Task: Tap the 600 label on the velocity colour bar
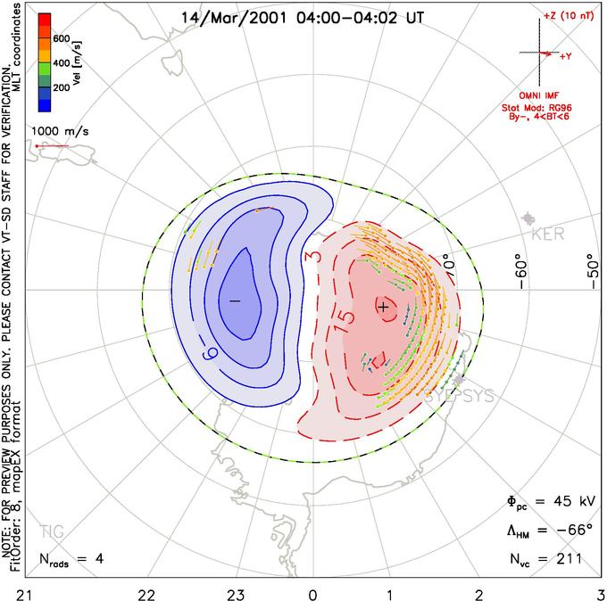point(61,38)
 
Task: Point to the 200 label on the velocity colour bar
point(61,88)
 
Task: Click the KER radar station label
point(547,235)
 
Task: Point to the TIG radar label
point(52,532)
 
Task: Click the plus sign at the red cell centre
point(383,307)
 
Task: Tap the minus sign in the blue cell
point(235,301)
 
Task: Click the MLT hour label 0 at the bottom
point(312,592)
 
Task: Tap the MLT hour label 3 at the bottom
point(601,592)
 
